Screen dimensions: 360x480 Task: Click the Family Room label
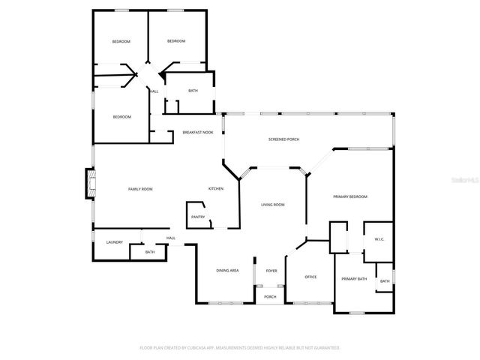[x=140, y=189]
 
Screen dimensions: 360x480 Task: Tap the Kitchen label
[x=216, y=189]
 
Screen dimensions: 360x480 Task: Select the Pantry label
[x=198, y=217]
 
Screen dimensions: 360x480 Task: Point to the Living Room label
[x=272, y=205]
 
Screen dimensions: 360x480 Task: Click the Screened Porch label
[x=284, y=140]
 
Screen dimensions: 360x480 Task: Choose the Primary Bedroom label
[x=350, y=196]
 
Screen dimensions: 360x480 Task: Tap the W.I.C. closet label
[x=379, y=240]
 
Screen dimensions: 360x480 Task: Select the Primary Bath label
[x=354, y=279]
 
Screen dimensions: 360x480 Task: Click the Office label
[x=310, y=277]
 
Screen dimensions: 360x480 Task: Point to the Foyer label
[x=271, y=271]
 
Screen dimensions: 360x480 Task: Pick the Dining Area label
[x=227, y=270]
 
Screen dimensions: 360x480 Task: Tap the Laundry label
[x=114, y=242]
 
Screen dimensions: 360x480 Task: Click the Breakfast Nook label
[x=198, y=133]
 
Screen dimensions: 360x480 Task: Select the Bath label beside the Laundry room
[x=150, y=252]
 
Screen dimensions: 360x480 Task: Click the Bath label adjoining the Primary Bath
[x=385, y=281]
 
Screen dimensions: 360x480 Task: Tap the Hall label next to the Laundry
[x=171, y=238]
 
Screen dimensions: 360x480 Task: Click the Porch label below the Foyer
[x=270, y=297]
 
